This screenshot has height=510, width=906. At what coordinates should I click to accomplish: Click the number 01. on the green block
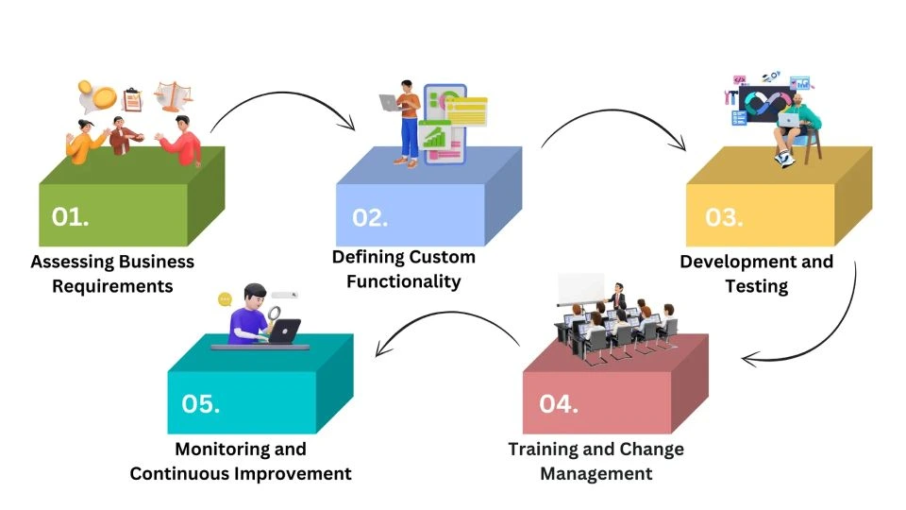(x=70, y=217)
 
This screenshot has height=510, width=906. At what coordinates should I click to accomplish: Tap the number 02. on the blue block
(x=370, y=218)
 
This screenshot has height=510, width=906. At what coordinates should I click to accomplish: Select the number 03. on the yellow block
(x=724, y=217)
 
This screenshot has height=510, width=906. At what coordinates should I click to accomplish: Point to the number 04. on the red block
(x=559, y=403)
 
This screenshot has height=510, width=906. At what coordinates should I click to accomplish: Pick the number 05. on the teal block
(x=200, y=403)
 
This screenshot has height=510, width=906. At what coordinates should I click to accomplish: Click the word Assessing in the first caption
(x=73, y=262)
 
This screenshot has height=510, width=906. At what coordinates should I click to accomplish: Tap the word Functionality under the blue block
(x=403, y=281)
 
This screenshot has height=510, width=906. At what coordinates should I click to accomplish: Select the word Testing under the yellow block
(x=756, y=286)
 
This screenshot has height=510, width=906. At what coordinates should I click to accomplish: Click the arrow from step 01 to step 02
(x=281, y=93)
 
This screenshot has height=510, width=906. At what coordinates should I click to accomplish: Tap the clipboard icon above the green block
(x=132, y=99)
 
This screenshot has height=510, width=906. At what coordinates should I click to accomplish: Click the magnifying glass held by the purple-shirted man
(x=274, y=316)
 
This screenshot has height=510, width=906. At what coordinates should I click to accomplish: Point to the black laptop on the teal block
(x=285, y=331)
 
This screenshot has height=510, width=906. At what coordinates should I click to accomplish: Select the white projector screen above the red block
(x=580, y=289)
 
